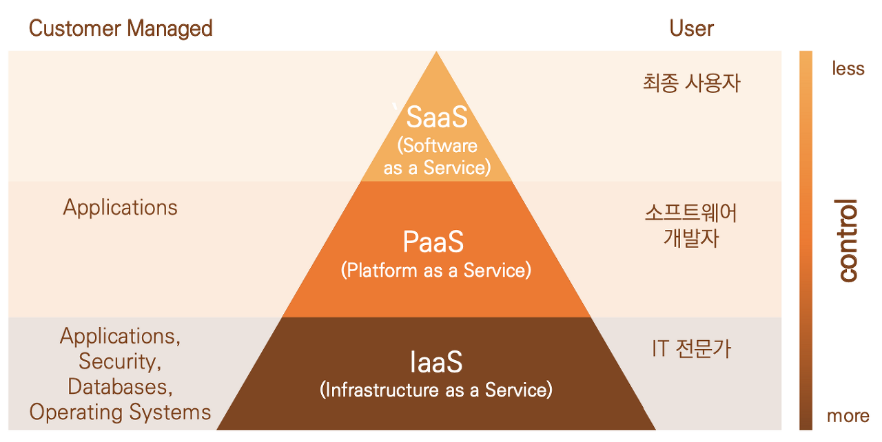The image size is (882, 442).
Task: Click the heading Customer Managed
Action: [x=121, y=28]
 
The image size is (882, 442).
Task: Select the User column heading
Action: [x=691, y=28]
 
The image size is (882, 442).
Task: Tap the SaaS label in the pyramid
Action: [x=437, y=117]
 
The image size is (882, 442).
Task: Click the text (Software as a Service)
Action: [x=437, y=156]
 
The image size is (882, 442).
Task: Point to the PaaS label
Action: [x=433, y=242]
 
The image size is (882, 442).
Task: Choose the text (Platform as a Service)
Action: [x=436, y=271]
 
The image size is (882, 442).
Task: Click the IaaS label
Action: [x=436, y=362]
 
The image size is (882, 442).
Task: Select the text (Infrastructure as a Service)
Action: [x=436, y=390]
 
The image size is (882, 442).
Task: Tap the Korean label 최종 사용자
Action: [x=691, y=83]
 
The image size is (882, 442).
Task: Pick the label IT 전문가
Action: [x=691, y=349]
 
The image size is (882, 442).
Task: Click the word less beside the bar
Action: [x=848, y=68]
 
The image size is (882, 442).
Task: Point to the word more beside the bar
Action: [x=848, y=416]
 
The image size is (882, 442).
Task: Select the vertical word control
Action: [x=848, y=240]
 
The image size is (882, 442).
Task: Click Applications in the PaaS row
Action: [x=121, y=207]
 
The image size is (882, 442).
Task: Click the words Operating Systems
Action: [x=120, y=412]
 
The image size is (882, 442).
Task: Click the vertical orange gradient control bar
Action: [x=806, y=240]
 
